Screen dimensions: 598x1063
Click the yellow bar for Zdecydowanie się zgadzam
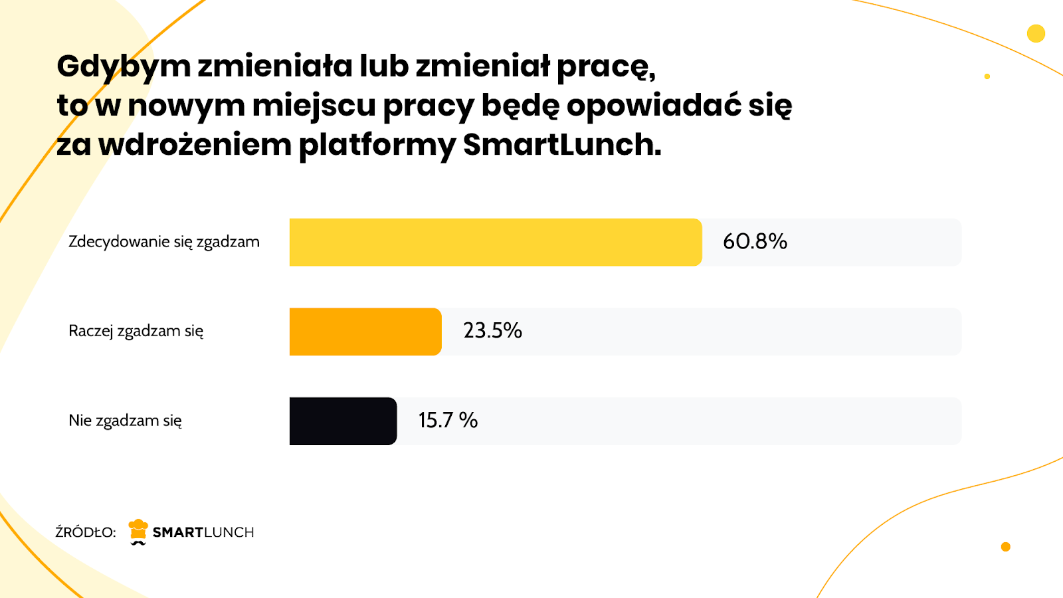click(495, 242)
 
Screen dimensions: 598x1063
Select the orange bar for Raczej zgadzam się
click(365, 332)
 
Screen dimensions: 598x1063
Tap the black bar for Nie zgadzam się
click(343, 421)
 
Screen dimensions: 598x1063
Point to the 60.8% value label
click(755, 241)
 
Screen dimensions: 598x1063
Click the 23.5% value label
click(492, 330)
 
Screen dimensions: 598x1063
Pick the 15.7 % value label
click(448, 420)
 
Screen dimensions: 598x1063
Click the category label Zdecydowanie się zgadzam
click(163, 242)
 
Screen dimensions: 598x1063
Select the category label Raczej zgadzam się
click(136, 331)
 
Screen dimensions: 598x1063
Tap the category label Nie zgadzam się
click(125, 421)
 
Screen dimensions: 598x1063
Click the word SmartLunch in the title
click(562, 145)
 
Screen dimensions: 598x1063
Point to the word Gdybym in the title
click(124, 66)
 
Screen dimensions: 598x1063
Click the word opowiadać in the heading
click(654, 106)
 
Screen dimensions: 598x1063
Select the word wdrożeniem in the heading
click(195, 145)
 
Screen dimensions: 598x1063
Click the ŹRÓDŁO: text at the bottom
click(86, 532)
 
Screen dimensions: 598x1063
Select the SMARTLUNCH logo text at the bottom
click(203, 532)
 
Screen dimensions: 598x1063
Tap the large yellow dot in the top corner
click(1036, 33)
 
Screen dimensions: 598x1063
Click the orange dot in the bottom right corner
click(1005, 547)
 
